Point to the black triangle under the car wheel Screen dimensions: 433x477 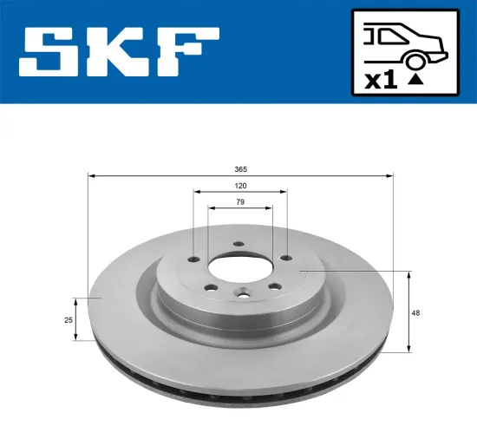click(x=416, y=79)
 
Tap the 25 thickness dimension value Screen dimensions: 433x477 click(x=67, y=321)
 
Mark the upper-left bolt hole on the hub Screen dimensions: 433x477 click(x=193, y=258)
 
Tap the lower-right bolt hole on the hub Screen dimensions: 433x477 click(x=273, y=287)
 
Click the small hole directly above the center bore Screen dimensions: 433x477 click(x=237, y=245)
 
